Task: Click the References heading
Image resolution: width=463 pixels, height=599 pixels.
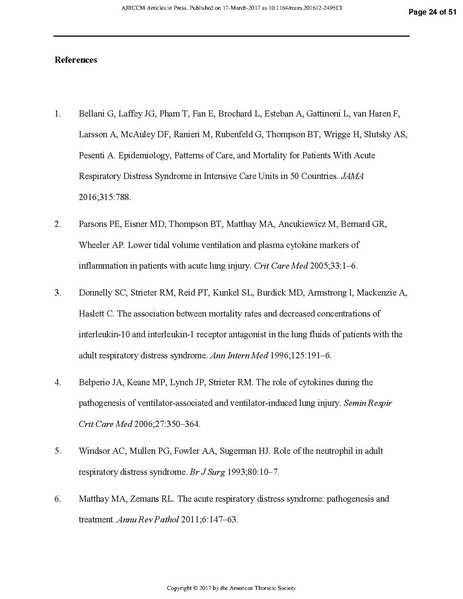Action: tap(75, 61)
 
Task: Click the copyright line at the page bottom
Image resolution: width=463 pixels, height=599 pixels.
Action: tap(231, 587)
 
